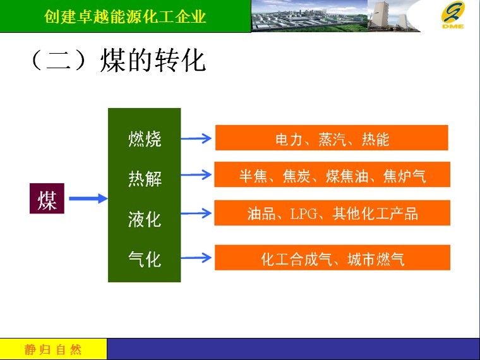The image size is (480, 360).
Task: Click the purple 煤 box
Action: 47,198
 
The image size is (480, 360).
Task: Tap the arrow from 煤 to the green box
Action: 88,198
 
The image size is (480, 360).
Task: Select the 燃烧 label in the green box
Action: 145,139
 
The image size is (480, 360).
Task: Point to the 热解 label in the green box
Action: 145,178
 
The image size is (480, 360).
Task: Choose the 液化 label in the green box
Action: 145,219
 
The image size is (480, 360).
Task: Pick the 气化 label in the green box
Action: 145,259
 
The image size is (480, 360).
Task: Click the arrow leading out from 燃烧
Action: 196,138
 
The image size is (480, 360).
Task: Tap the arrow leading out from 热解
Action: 196,175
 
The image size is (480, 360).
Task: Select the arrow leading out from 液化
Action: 196,213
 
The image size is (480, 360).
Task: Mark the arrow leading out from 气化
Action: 196,258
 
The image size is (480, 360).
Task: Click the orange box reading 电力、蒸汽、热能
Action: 332,138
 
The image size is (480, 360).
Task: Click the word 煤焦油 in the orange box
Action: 347,176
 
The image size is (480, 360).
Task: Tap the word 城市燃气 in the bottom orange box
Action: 376,260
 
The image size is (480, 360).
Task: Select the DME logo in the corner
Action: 453,15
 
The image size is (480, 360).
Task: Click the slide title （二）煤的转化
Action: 118,60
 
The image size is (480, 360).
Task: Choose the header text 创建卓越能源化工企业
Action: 125,16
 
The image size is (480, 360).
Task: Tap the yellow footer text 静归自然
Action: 52,349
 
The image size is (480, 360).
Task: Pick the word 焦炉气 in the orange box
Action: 404,176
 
